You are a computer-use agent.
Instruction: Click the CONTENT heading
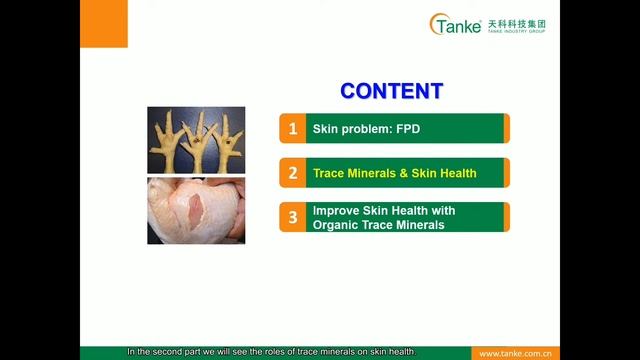391,91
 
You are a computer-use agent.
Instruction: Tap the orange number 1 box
292,129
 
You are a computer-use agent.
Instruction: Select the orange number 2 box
292,173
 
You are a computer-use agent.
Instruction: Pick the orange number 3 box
292,217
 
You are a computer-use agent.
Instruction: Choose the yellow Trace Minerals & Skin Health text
394,173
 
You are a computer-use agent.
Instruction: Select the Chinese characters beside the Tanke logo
516,21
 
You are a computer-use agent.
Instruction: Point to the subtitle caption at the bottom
270,352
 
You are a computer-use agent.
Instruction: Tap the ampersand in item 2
399,173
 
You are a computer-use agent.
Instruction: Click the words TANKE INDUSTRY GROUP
516,31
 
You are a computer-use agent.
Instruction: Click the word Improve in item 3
335,211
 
